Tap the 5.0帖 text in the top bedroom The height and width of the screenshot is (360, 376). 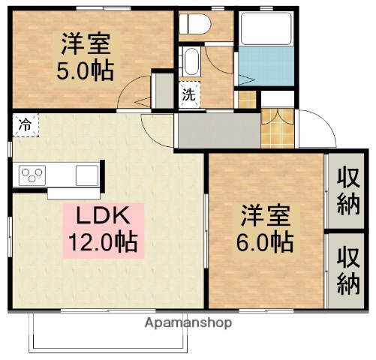tap(88, 70)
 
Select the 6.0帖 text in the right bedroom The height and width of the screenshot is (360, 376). tap(267, 241)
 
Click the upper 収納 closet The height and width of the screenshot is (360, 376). tap(347, 191)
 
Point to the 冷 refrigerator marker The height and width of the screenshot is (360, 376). tap(25, 124)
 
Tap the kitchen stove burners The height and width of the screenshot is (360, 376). tap(33, 175)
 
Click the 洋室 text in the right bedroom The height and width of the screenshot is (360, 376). tap(267, 216)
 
